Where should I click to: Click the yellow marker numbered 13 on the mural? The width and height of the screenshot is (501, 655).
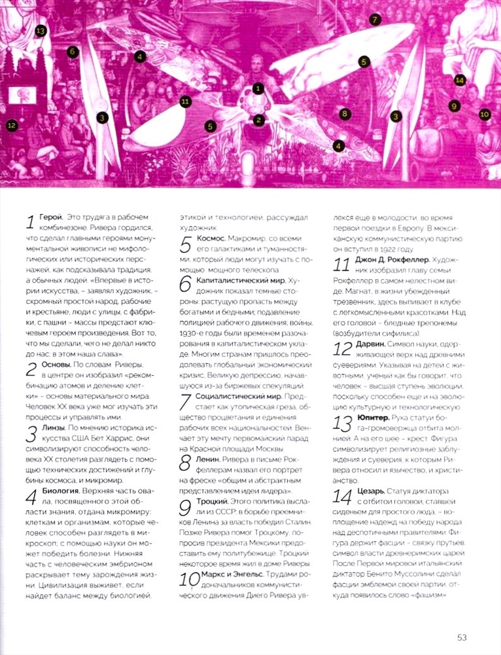click(41, 30)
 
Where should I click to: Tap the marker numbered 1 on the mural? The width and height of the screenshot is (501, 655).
click(258, 86)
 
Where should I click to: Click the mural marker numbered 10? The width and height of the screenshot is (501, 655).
click(484, 114)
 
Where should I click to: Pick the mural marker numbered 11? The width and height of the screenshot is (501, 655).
click(185, 101)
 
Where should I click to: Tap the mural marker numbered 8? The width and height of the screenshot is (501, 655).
click(345, 113)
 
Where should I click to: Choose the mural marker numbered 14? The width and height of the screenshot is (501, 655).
click(460, 81)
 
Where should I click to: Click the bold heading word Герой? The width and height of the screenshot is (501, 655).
click(50, 216)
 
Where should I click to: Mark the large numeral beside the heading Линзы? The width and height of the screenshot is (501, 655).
click(30, 432)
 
